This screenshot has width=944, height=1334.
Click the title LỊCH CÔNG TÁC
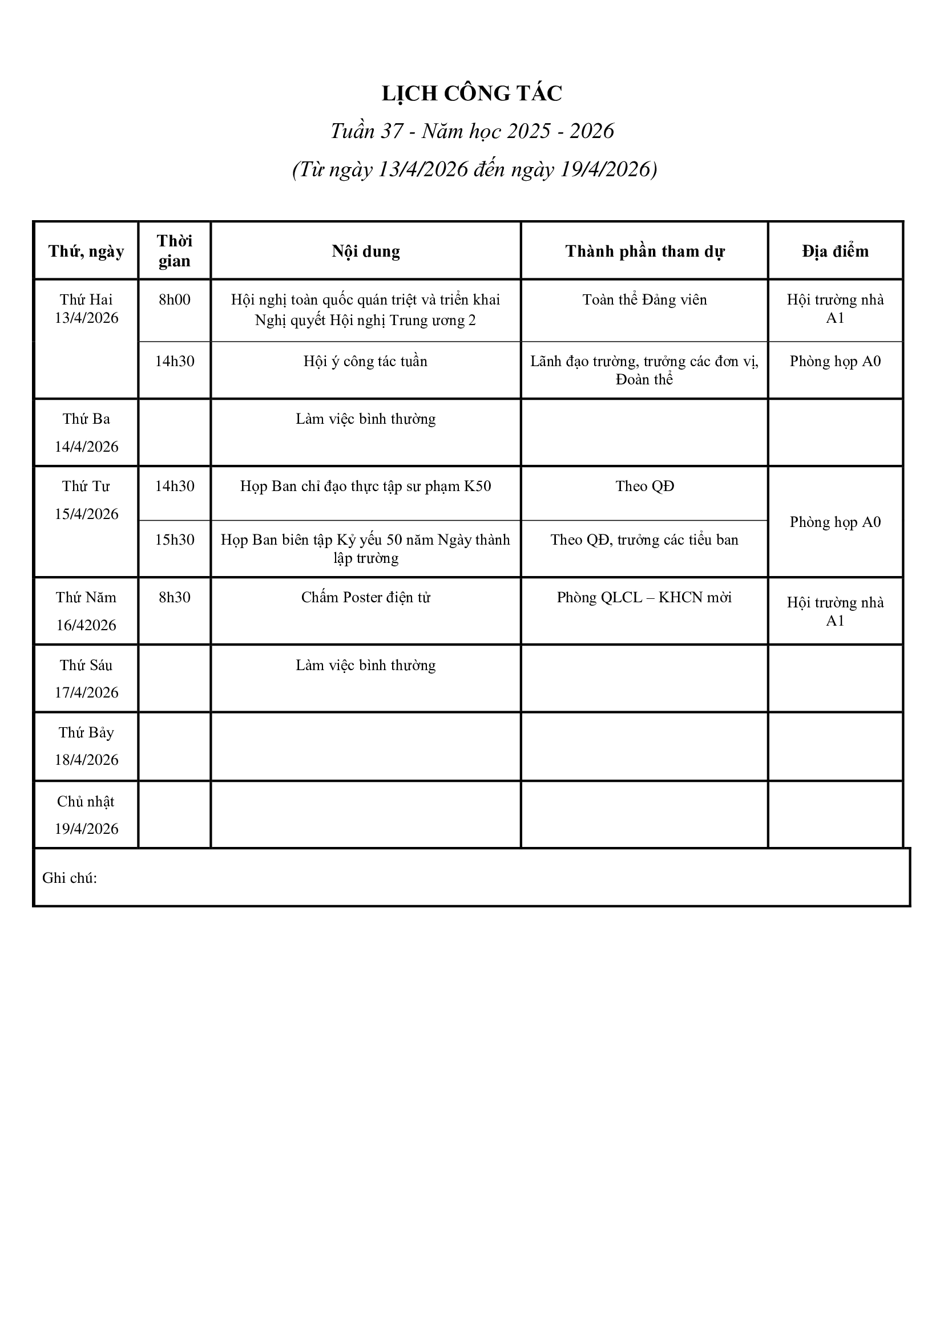[x=471, y=94]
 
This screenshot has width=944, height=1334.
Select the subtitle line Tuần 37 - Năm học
[x=471, y=131]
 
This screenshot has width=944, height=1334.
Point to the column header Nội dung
[x=366, y=251]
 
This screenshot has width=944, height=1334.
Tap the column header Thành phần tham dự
[x=644, y=251]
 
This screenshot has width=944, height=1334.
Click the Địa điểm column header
[x=835, y=251]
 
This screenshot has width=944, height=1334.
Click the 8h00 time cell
[x=175, y=300]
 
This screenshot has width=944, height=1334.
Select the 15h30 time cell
[x=175, y=540]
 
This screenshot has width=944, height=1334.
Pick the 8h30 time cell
[x=175, y=597]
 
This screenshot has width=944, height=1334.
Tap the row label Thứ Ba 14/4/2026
[x=86, y=432]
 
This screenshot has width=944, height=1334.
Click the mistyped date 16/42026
[x=86, y=625]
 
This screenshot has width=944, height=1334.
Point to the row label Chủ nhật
[x=86, y=802]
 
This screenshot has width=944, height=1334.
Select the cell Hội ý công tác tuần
[x=366, y=362]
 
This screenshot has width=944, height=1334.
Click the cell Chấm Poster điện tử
[x=366, y=597]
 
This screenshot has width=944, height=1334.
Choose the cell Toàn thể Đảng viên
[x=644, y=300]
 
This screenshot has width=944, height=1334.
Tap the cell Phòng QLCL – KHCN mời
[x=644, y=597]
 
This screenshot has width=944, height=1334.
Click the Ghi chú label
[x=69, y=878]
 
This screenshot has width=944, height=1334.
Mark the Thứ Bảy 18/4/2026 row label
[x=86, y=746]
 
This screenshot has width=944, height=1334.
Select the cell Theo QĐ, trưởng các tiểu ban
[x=644, y=540]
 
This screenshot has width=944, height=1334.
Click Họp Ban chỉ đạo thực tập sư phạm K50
[x=366, y=486]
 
